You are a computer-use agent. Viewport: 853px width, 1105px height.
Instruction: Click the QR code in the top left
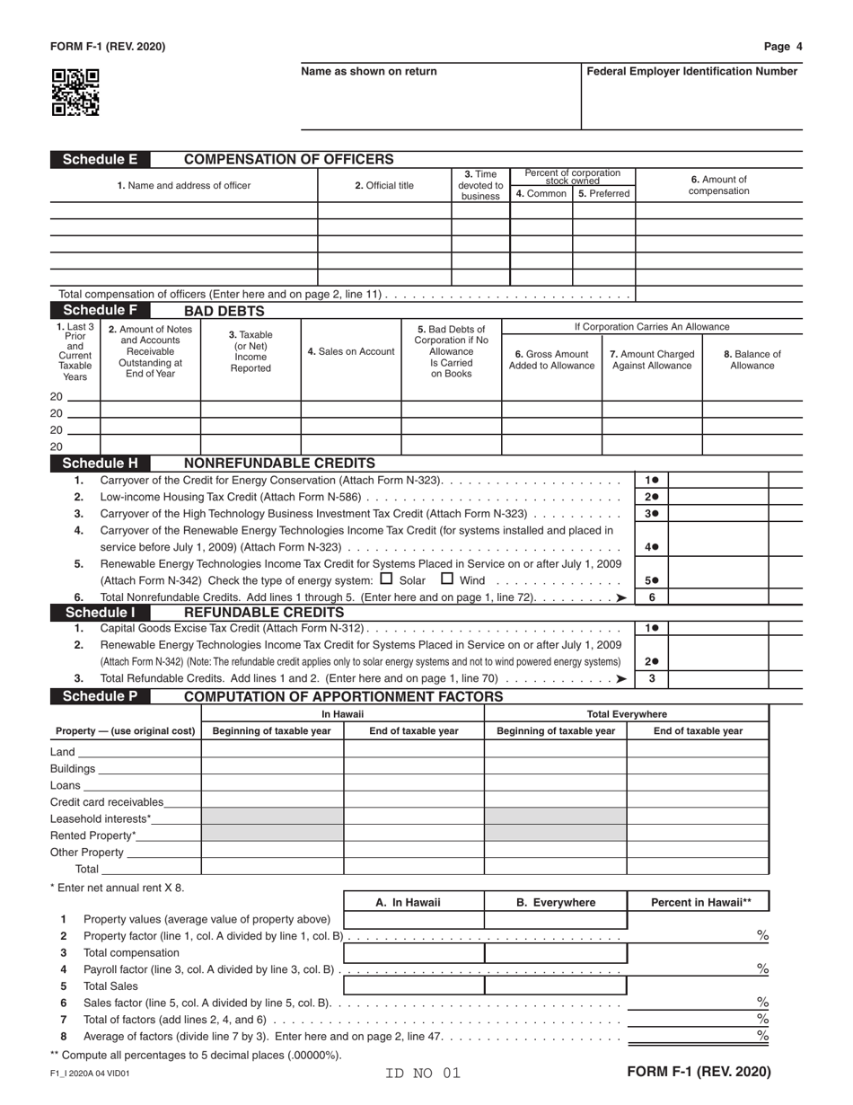[75, 93]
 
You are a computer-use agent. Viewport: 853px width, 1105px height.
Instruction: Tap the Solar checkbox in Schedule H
[387, 579]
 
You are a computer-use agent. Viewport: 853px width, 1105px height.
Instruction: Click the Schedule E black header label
[100, 160]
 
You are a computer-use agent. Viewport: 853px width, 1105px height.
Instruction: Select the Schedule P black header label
[100, 696]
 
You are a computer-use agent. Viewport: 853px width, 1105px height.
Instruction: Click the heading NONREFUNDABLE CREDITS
[279, 464]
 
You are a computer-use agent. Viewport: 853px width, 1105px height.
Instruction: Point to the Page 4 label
[783, 47]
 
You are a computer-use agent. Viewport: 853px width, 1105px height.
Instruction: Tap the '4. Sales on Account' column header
[351, 351]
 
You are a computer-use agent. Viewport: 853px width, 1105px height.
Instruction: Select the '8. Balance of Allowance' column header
[752, 359]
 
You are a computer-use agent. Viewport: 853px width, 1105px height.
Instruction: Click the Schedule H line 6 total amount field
[718, 597]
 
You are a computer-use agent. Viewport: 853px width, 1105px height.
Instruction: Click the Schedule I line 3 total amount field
[718, 679]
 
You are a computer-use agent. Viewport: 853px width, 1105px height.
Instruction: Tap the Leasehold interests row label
[101, 818]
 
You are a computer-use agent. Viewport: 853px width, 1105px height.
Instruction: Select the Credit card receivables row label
[107, 801]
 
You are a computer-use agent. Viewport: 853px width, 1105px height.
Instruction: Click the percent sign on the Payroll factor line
[762, 969]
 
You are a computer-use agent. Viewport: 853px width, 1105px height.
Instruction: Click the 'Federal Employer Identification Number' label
[691, 72]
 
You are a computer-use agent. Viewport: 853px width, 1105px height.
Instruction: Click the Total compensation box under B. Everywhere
[556, 953]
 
